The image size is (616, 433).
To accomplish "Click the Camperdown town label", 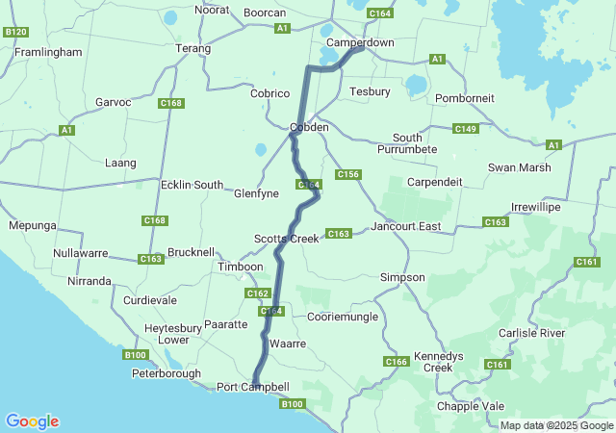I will (360, 43).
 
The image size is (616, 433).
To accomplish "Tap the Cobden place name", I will (309, 127).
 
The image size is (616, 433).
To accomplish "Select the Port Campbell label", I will (252, 387).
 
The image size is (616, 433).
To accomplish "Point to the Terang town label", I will (192, 47).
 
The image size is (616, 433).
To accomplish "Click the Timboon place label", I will (240, 267).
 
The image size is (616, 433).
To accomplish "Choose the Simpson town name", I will (402, 277).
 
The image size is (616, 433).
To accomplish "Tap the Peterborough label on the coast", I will (167, 373).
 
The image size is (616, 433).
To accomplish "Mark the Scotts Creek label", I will (286, 238).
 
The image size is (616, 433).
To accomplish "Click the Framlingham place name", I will (48, 52).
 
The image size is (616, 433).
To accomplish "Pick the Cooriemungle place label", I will (342, 317).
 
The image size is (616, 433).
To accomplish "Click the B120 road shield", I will (15, 32).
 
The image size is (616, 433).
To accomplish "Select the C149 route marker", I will (465, 129).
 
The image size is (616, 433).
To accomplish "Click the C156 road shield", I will (347, 174).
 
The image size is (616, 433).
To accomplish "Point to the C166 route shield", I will (396, 362).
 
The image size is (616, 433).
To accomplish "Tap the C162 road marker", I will (257, 293).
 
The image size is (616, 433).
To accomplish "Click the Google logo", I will (32, 421).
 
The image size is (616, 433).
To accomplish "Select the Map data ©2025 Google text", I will (555, 425).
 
